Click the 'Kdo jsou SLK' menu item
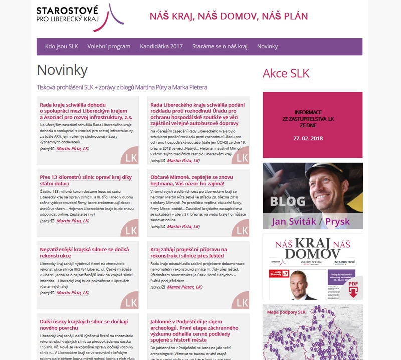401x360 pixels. [x=62, y=46]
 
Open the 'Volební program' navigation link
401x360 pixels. [x=109, y=46]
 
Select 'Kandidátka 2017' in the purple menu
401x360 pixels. [x=161, y=46]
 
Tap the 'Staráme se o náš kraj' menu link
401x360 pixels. [x=220, y=46]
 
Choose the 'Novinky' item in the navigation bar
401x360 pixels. [x=267, y=46]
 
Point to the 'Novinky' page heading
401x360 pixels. [x=62, y=70]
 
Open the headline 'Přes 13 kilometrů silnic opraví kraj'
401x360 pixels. [x=85, y=180]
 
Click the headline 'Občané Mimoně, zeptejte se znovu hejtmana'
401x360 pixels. [x=191, y=180]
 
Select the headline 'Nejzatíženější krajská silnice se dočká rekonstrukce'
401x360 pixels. [x=84, y=252]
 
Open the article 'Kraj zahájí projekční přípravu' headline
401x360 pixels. [x=188, y=252]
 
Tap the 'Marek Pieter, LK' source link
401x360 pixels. [x=184, y=287]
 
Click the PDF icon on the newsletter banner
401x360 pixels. [x=353, y=287]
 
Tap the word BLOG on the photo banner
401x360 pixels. [x=287, y=202]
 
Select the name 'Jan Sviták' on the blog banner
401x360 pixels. [x=290, y=221]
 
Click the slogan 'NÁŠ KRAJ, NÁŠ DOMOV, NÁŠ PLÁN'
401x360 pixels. [x=229, y=16]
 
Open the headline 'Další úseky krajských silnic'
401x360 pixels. [x=84, y=324]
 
